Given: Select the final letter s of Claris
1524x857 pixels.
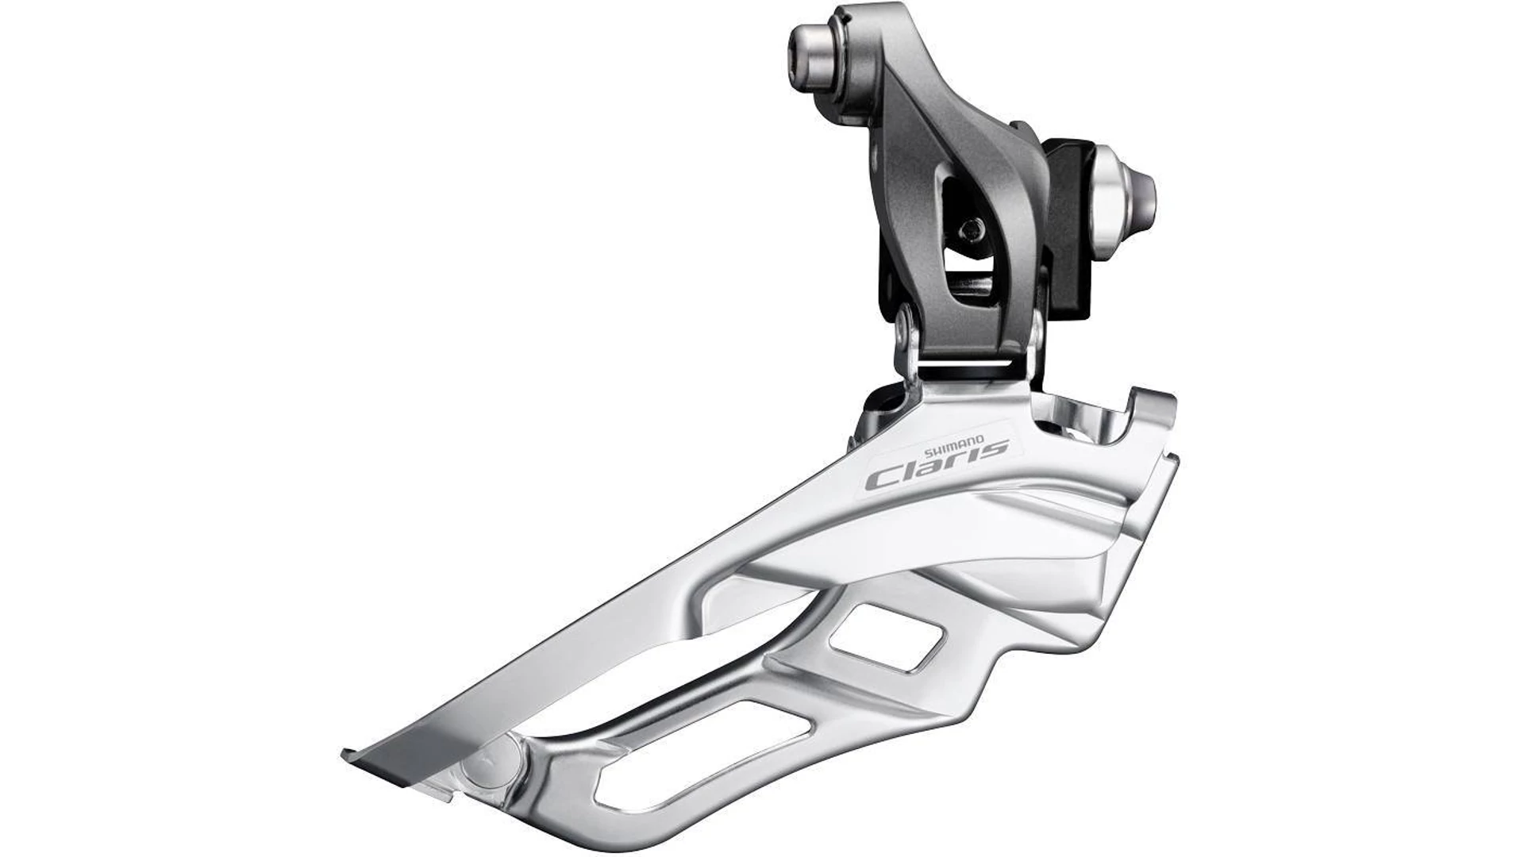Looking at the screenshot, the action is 995,448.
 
